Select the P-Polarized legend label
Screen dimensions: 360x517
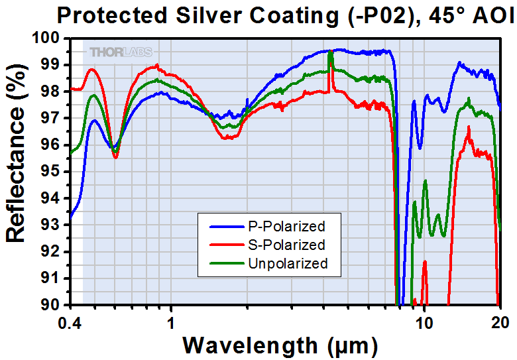(286, 225)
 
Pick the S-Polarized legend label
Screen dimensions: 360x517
(286, 245)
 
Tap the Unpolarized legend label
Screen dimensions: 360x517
(288, 263)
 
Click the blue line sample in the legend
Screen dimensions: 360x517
(226, 225)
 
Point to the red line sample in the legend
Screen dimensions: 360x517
(226, 245)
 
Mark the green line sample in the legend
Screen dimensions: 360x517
(226, 263)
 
